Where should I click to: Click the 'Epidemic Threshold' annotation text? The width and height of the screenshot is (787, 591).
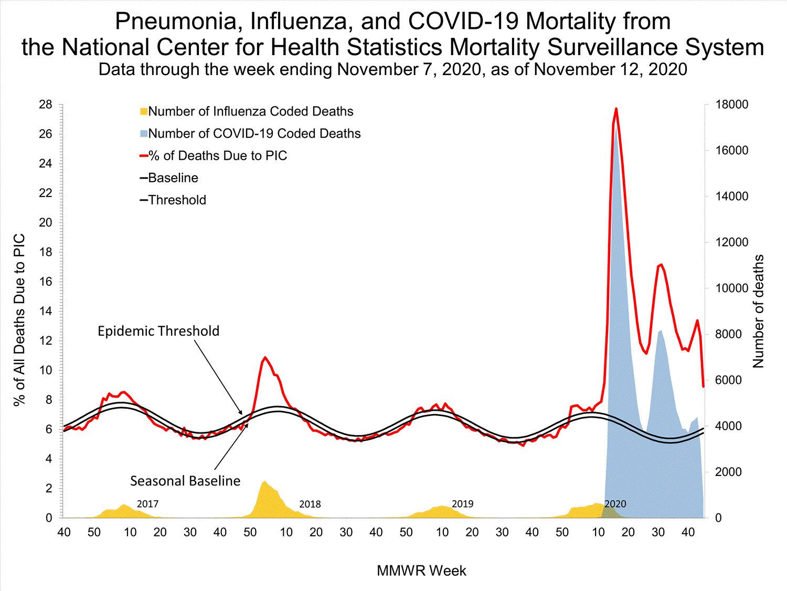[x=158, y=331]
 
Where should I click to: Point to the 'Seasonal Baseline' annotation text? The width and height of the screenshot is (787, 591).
[x=185, y=481]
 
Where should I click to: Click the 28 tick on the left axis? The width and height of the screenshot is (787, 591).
[x=46, y=105]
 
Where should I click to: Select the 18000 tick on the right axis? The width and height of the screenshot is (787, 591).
[x=732, y=105]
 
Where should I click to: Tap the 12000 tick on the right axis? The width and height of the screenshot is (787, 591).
[x=732, y=242]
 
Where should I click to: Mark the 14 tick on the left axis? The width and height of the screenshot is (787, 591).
[x=46, y=311]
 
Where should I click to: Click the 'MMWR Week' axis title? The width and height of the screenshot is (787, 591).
[x=421, y=571]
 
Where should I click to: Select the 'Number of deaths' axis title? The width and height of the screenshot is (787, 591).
[x=758, y=311]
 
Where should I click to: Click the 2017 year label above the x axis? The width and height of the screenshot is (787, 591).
[x=147, y=504]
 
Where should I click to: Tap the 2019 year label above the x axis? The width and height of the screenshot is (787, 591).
[x=462, y=504]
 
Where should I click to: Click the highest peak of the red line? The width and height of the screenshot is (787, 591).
[x=616, y=109]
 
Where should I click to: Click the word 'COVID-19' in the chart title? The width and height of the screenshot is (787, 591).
[x=463, y=22]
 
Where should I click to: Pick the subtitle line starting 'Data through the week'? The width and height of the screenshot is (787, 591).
[x=393, y=69]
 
